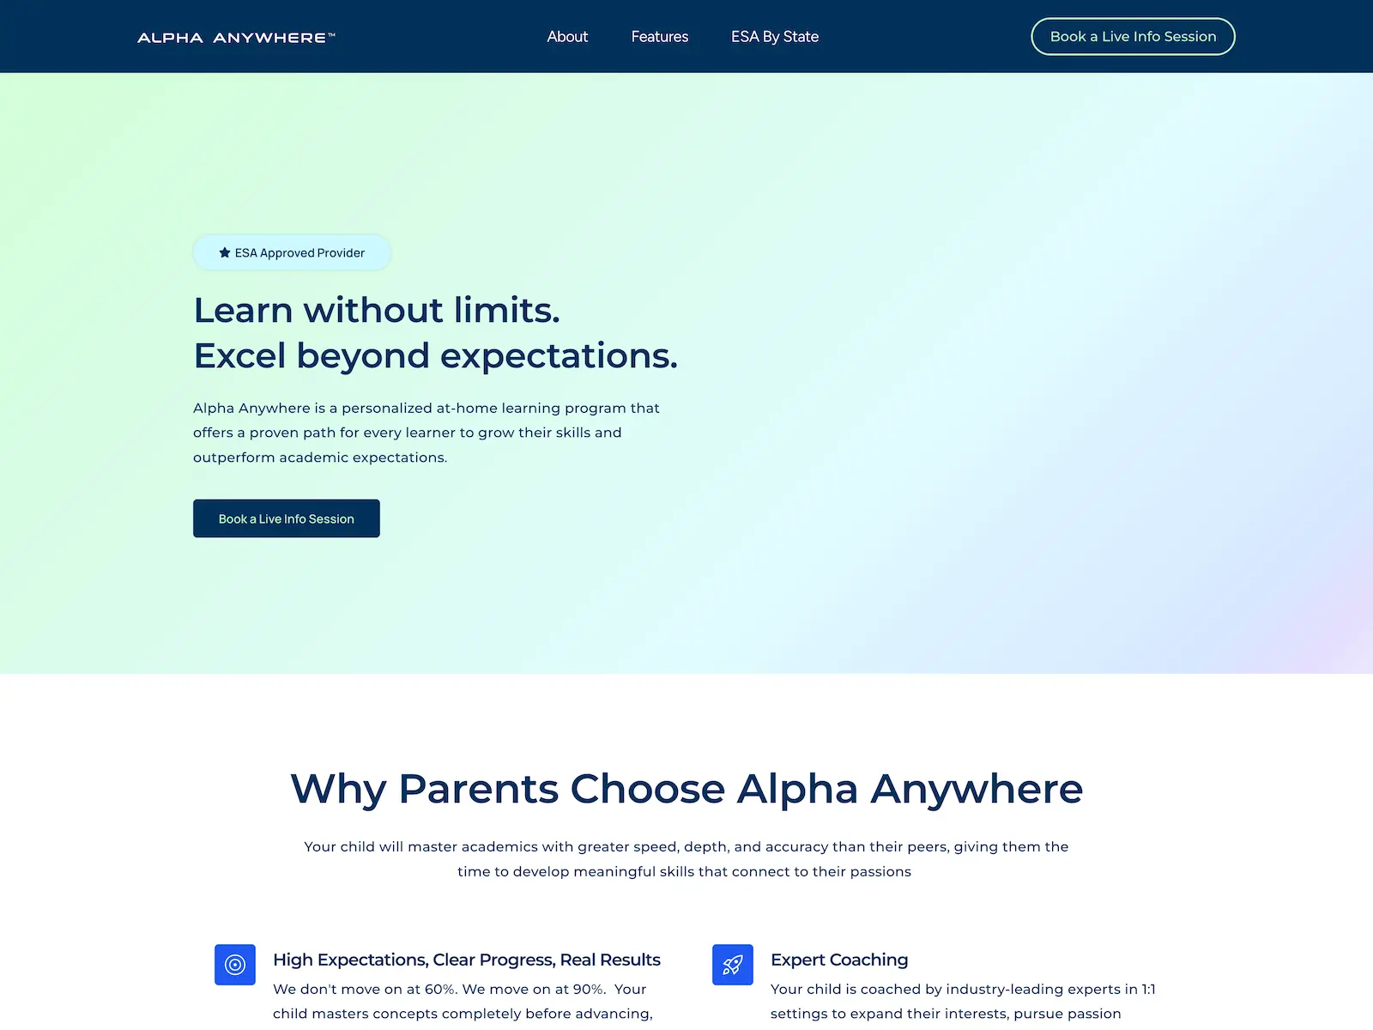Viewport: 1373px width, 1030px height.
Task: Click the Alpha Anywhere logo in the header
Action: [x=236, y=38]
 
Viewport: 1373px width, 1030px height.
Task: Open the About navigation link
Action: [x=567, y=37]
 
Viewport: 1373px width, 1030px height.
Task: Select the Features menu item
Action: [x=659, y=37]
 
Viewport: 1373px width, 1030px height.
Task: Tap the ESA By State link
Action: [x=774, y=37]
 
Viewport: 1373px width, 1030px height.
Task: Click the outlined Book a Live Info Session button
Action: [x=1133, y=36]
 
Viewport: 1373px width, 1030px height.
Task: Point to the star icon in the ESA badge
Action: [x=225, y=252]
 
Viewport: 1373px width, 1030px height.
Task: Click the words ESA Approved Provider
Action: [x=299, y=252]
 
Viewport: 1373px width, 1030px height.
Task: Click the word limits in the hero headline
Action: [x=506, y=310]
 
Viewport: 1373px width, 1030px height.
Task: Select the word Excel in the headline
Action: [x=239, y=356]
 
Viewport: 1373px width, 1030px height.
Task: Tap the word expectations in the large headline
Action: [x=559, y=357]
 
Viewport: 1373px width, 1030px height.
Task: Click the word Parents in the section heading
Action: [x=478, y=789]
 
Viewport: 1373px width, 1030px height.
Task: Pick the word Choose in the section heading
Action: [x=647, y=789]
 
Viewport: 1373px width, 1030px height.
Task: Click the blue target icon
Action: [x=235, y=964]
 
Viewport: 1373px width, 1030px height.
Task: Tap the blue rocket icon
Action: [x=733, y=964]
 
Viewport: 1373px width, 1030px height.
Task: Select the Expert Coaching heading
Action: [x=838, y=960]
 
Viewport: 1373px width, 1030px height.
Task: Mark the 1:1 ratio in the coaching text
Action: [x=1148, y=990]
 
